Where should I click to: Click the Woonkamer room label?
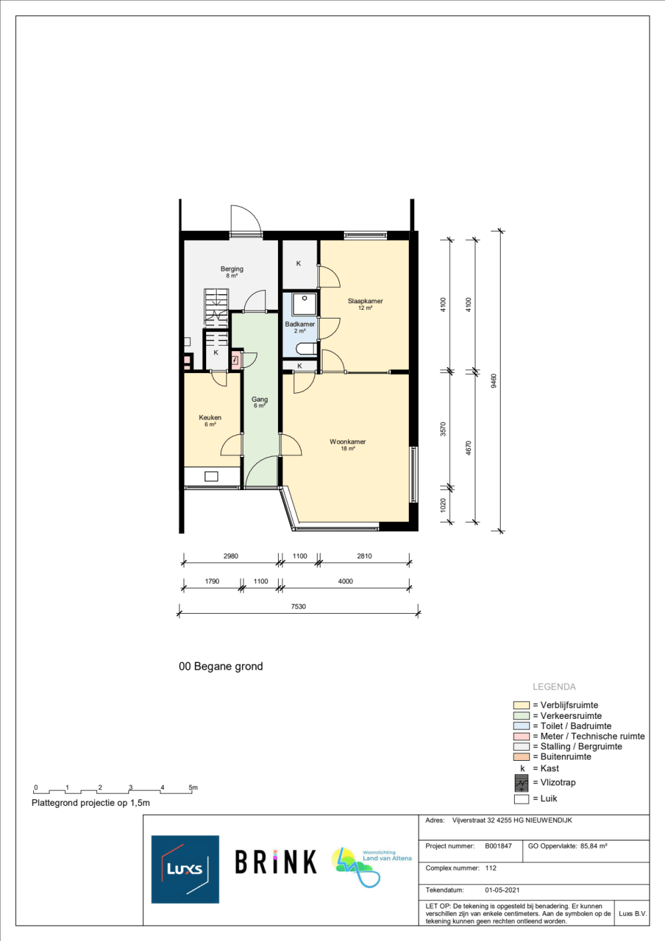click(347, 442)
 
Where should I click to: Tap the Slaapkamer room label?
click(365, 301)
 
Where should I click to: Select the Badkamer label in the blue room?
click(299, 324)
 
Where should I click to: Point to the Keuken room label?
click(210, 417)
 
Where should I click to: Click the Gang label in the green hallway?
click(259, 399)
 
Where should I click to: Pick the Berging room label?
click(232, 269)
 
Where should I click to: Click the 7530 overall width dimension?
click(299, 606)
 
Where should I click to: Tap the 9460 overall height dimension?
click(493, 380)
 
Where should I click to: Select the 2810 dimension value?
click(364, 556)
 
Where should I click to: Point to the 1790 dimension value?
click(211, 581)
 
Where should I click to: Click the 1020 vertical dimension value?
click(443, 505)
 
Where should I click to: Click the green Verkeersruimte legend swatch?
click(521, 716)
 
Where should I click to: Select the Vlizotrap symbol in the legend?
click(521, 783)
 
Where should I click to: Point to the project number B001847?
click(498, 846)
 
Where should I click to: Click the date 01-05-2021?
click(502, 890)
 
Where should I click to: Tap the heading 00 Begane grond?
click(221, 666)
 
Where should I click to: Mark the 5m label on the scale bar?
click(193, 787)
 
